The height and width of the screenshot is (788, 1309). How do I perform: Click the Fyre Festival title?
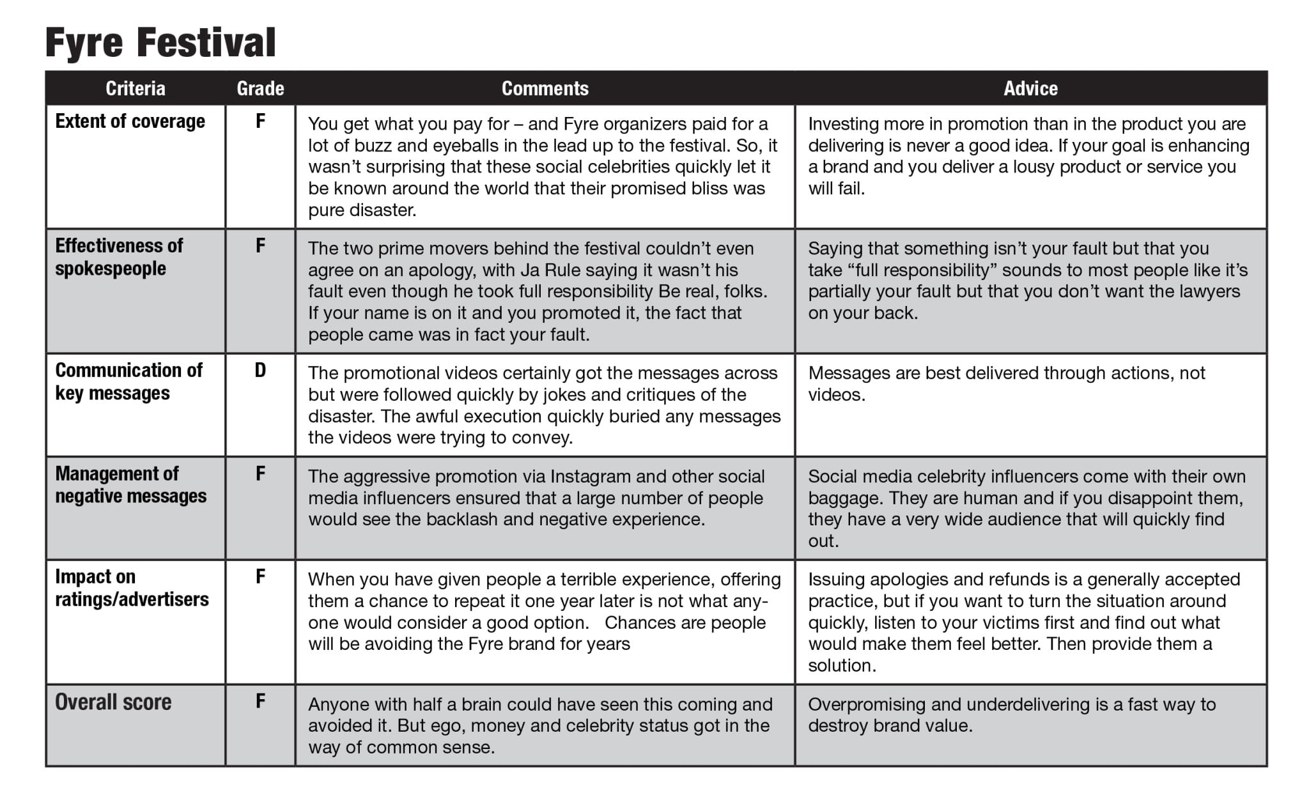pos(160,43)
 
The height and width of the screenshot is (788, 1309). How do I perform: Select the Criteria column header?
pos(135,88)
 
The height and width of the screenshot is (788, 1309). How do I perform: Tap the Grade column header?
pos(260,88)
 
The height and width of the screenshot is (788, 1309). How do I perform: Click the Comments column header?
pos(545,88)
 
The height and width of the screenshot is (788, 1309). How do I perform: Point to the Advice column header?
pos(1030,88)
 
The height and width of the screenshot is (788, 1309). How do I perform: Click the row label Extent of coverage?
pos(130,121)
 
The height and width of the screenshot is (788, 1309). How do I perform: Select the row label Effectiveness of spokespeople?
pos(119,257)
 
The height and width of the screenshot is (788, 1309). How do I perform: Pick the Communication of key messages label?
pos(128,382)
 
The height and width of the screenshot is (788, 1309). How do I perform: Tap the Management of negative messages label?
pos(130,484)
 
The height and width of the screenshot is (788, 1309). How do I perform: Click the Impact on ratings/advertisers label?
pos(132,588)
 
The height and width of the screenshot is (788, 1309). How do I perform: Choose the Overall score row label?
pos(113,702)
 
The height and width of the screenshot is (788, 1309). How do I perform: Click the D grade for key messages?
pos(260,371)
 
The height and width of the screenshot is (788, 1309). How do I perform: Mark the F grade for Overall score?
pos(260,701)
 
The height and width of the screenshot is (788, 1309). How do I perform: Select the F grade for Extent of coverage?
pos(260,121)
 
